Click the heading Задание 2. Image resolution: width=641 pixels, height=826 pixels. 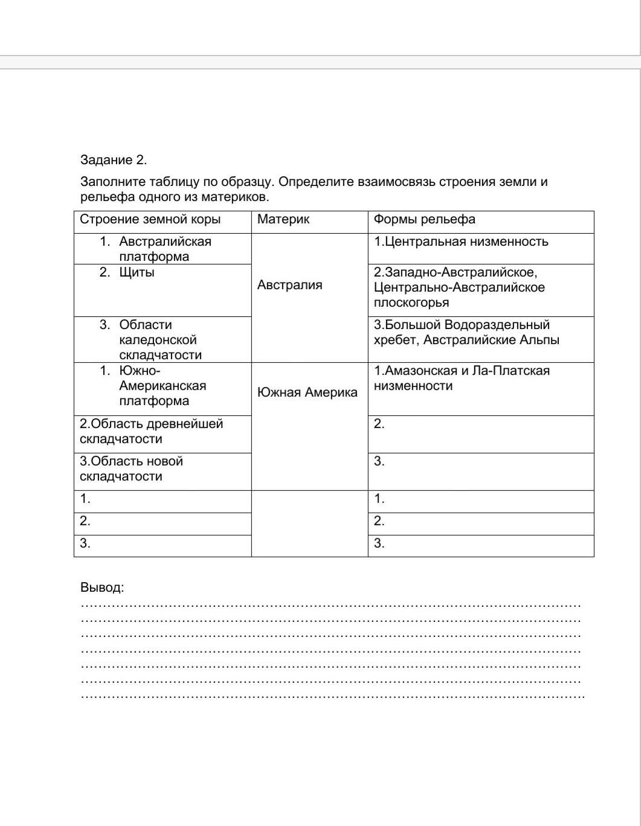114,160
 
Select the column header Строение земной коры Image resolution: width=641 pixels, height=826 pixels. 150,220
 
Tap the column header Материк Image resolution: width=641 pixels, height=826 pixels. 283,220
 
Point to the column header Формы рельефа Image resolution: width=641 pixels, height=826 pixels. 424,220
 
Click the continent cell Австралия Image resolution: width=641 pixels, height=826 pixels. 289,285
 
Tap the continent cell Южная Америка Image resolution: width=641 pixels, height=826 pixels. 307,392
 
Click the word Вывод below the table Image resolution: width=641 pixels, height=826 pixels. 101,587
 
